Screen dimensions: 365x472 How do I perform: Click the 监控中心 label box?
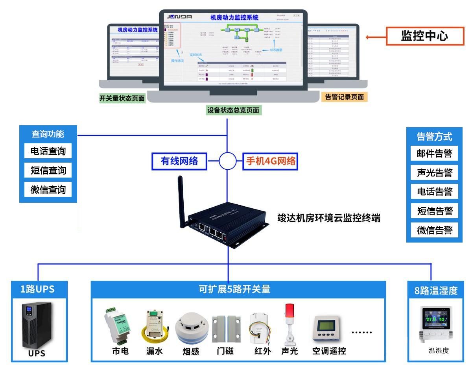(424, 37)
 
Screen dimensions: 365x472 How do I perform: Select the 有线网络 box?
(179, 161)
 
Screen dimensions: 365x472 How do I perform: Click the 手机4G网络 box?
(271, 161)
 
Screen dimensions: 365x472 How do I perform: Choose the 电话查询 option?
(48, 151)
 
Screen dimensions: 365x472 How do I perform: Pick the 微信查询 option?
(48, 190)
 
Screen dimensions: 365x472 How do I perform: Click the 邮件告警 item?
(434, 154)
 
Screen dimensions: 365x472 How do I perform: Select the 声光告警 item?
(434, 172)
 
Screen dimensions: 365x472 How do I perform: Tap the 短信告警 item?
(434, 211)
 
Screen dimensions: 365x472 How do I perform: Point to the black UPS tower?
(37, 325)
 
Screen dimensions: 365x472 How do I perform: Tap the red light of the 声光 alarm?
(290, 311)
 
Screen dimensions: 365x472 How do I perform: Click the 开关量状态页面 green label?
(122, 98)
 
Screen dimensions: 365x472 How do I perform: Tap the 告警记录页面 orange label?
(344, 97)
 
